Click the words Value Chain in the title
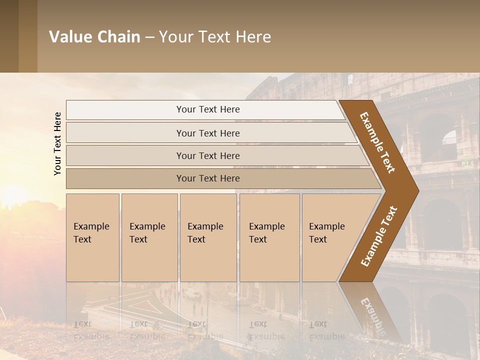[x=94, y=37]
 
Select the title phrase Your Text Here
[x=215, y=37]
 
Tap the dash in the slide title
[x=149, y=37]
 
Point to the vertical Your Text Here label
[x=57, y=143]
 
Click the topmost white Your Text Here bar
[x=207, y=109]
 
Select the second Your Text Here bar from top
[x=208, y=133]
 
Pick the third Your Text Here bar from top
[x=208, y=155]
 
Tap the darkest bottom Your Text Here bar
[x=208, y=178]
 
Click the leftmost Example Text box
[x=92, y=237]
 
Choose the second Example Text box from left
[x=149, y=237]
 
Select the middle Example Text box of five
[x=208, y=237]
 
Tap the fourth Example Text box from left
[x=269, y=237]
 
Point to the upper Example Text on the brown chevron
[x=377, y=142]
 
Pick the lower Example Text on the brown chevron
[x=378, y=236]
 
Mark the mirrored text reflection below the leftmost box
[x=91, y=330]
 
